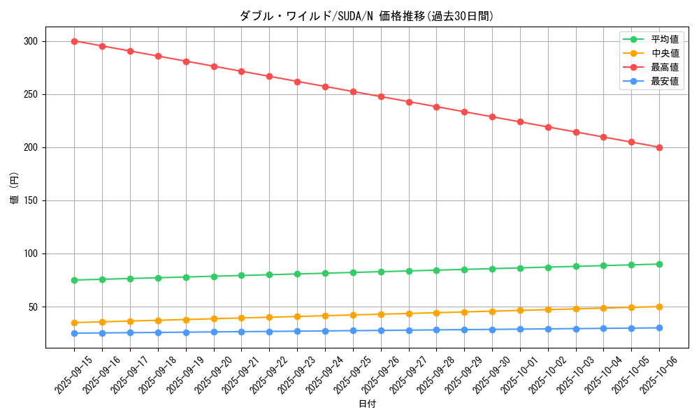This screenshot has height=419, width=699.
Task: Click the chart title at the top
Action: [367, 16]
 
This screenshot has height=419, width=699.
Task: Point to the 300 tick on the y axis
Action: [30, 41]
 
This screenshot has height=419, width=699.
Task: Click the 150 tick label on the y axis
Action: [30, 200]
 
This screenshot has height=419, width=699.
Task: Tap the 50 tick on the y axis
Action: [33, 307]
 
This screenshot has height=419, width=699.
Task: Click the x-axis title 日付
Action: [367, 404]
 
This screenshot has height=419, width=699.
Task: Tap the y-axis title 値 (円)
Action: [15, 187]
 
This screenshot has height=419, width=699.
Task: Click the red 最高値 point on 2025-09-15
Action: [74, 41]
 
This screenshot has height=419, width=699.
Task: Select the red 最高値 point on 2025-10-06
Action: [659, 147]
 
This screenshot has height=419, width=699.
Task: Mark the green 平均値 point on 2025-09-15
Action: [74, 280]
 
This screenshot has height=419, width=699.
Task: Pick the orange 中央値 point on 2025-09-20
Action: [214, 318]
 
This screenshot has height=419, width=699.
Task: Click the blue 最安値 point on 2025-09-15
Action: [74, 333]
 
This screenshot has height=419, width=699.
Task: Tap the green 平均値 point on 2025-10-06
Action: [659, 264]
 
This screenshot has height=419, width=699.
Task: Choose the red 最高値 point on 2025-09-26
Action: [381, 96]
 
